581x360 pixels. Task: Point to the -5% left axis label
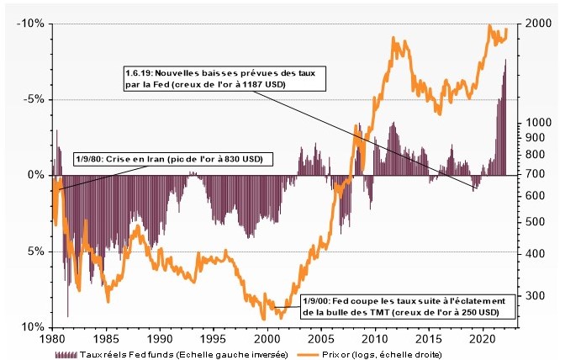(33, 99)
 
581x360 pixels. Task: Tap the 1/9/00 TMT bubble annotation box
(402, 306)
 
